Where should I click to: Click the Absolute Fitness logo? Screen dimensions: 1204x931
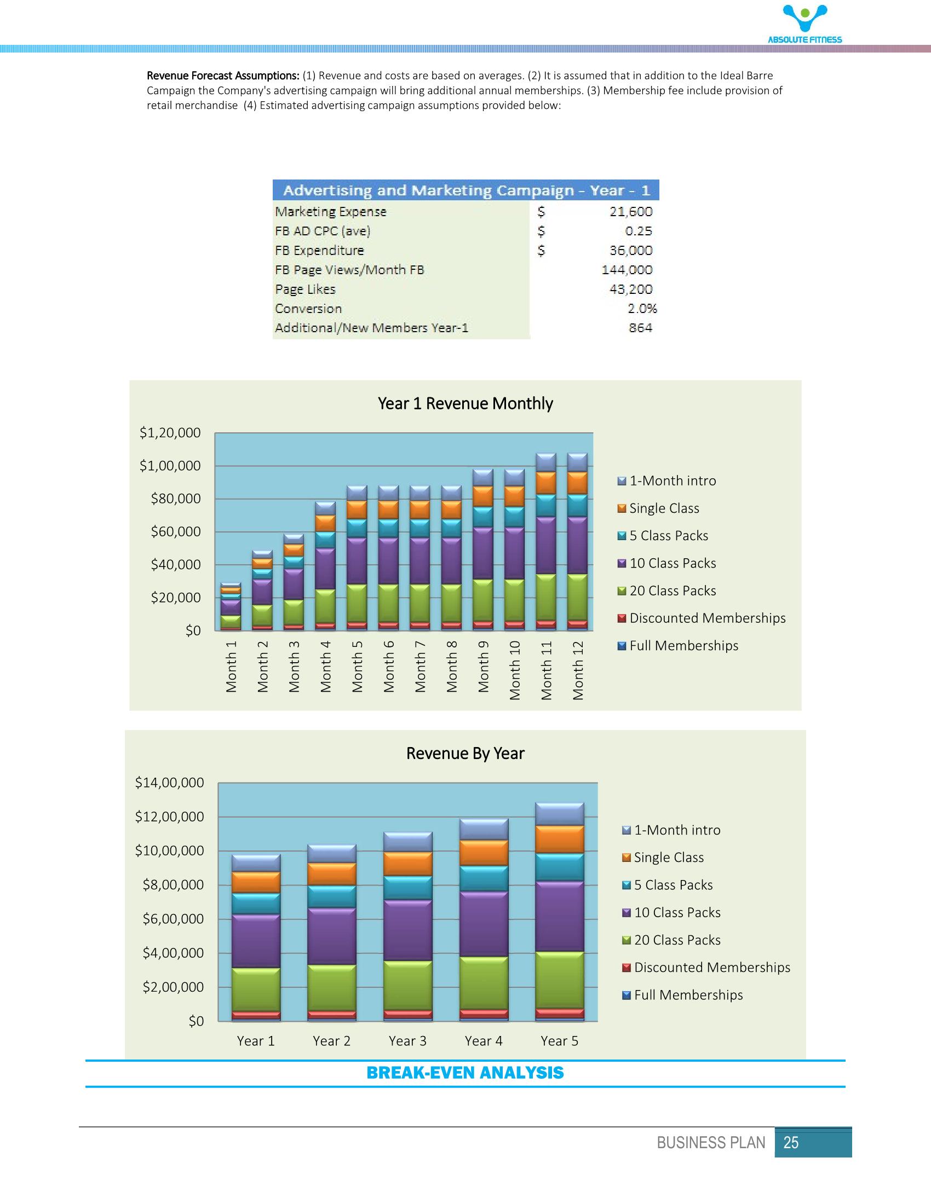tap(805, 24)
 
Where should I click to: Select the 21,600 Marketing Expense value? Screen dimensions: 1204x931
tap(630, 212)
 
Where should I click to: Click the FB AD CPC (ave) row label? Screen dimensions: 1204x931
tap(323, 231)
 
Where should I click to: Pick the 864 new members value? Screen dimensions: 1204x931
tap(640, 328)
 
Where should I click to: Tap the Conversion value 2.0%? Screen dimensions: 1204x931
tap(642, 309)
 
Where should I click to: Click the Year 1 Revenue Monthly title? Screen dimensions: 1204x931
tap(465, 403)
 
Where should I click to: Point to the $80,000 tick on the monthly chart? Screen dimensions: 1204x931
tap(175, 499)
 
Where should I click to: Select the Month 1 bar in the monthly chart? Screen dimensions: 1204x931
tap(231, 606)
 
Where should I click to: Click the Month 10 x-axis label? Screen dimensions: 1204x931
tap(515, 670)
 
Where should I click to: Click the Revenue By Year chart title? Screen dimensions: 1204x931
tap(465, 753)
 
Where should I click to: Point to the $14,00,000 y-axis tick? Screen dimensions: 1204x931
tap(169, 782)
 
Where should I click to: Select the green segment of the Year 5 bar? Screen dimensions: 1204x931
tap(559, 980)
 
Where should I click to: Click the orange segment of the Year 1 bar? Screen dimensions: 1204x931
tap(255, 882)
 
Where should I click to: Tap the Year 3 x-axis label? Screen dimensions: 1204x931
tap(407, 1041)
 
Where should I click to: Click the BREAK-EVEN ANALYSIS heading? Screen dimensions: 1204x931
tap(465, 1073)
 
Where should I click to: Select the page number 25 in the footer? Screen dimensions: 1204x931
tap(790, 1143)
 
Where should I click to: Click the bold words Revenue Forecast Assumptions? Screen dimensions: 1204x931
tap(223, 76)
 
